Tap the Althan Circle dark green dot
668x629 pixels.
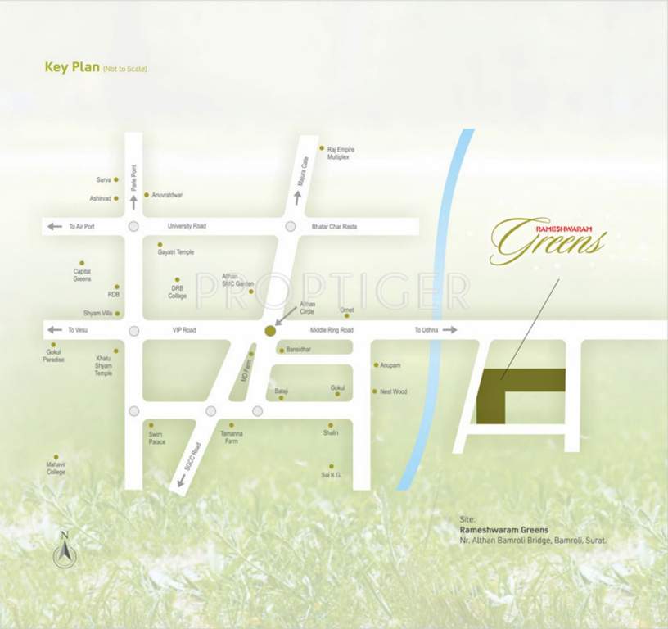coord(269,330)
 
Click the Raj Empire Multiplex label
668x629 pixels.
coord(341,153)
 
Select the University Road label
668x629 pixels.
coord(187,226)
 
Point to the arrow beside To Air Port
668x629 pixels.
coord(55,226)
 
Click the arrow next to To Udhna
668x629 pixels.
coord(449,330)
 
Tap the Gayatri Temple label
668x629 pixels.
coord(176,252)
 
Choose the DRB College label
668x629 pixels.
coord(178,292)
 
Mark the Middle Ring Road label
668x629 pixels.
coord(332,330)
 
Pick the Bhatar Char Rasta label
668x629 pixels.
coord(335,226)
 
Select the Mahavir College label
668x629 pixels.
coord(56,468)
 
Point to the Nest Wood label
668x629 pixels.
coord(393,391)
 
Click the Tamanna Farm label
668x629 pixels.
coord(232,437)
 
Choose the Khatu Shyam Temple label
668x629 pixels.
coord(103,366)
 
